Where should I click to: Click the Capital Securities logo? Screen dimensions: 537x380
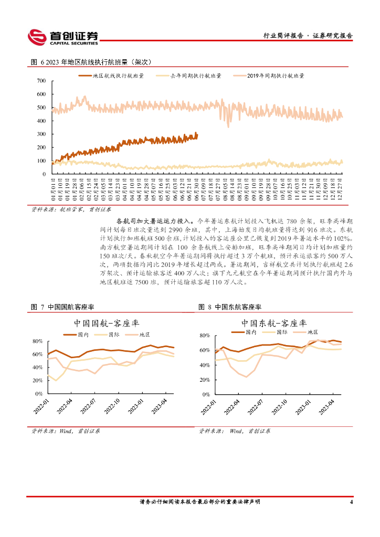tap(63, 36)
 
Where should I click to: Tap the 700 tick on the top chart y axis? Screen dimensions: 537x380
tap(40, 81)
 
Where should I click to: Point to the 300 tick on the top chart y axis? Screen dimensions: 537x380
tap(40, 134)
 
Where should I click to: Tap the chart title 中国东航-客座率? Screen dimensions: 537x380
tap(274, 323)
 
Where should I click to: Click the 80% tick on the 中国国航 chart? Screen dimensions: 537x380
tap(37, 341)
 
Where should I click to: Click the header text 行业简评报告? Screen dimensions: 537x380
tap(283, 36)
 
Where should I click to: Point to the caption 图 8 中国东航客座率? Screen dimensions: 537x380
tap(230, 307)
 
